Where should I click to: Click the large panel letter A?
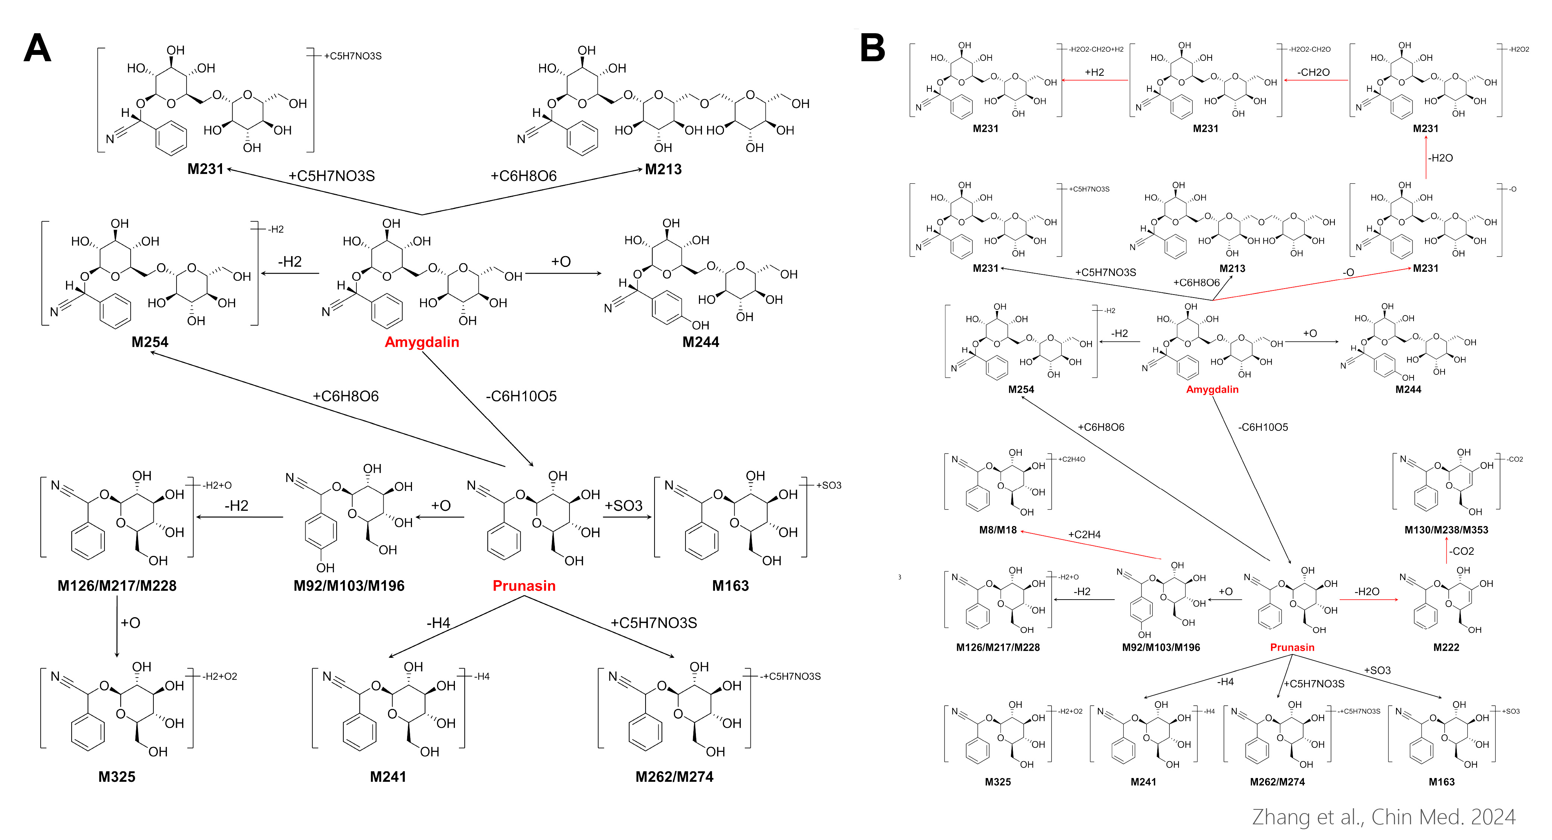(37, 48)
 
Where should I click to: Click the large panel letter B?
(873, 48)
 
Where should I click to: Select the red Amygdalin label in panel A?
(422, 342)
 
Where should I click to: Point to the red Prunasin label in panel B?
(1292, 647)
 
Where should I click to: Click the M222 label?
(1446, 647)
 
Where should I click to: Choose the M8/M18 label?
(998, 530)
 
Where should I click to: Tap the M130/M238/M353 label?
(1446, 530)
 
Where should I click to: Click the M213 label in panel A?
(663, 169)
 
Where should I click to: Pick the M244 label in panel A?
(701, 342)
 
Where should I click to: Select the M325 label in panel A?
(117, 777)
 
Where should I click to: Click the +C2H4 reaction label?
(1084, 535)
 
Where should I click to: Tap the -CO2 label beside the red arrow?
(1462, 551)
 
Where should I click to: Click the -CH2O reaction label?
(1314, 72)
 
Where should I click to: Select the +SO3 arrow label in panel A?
(624, 505)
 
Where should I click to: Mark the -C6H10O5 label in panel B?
(1264, 427)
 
